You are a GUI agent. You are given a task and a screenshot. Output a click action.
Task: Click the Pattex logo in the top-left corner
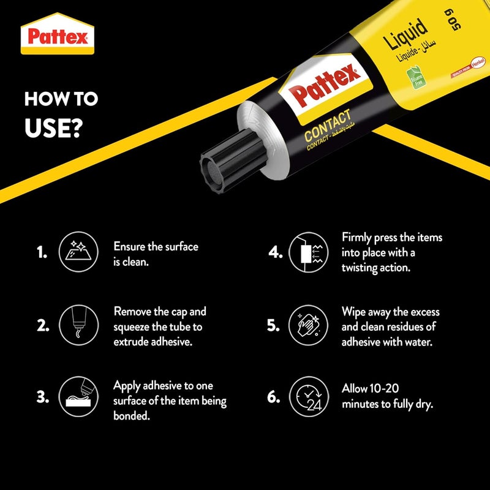[58, 36]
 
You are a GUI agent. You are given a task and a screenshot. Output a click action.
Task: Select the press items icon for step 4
[306, 252]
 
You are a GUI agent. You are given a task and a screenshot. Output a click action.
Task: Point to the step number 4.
[274, 252]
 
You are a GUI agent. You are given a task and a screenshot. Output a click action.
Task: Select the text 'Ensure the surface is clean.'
[156, 253]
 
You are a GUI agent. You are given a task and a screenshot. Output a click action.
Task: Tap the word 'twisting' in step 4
[365, 268]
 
